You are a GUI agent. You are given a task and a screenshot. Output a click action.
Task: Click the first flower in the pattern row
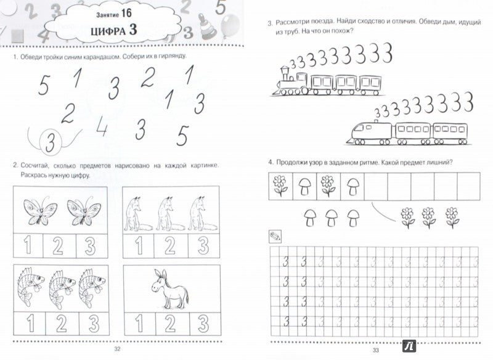point(280,185)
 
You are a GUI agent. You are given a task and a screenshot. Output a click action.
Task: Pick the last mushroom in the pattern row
point(353,186)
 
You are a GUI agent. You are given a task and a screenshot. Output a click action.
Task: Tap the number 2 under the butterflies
point(57,247)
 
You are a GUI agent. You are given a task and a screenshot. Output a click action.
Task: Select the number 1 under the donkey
point(139,324)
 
